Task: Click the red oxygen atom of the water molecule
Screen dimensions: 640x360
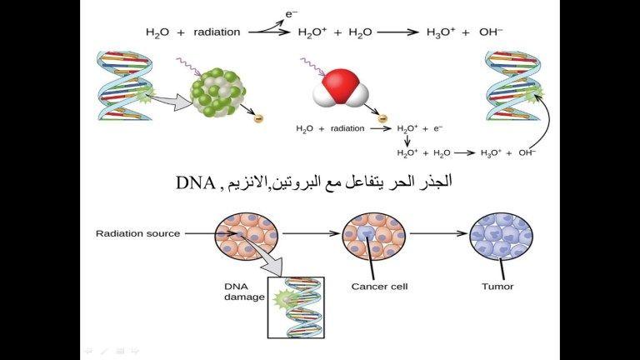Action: (340, 84)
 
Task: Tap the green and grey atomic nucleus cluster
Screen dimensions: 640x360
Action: (218, 93)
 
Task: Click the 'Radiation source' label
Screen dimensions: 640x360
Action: (137, 233)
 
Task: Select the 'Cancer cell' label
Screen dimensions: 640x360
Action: (379, 287)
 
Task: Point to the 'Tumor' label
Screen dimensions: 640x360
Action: (497, 287)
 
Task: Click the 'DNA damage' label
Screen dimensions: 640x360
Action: (244, 292)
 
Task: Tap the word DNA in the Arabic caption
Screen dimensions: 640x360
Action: (196, 182)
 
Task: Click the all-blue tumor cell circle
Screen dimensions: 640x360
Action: (501, 236)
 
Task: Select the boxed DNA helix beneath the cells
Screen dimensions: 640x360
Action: (296, 307)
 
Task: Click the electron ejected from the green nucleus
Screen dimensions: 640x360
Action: (258, 118)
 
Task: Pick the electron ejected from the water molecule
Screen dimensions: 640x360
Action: (382, 118)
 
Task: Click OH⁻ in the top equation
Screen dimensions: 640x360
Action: (491, 32)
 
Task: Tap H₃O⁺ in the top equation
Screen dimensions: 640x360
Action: (441, 32)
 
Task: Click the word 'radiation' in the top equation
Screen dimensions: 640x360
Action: (217, 32)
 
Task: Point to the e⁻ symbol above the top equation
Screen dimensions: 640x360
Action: (291, 14)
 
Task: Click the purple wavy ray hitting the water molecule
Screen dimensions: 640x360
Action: (313, 67)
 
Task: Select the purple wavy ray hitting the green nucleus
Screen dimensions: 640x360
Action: (189, 67)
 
